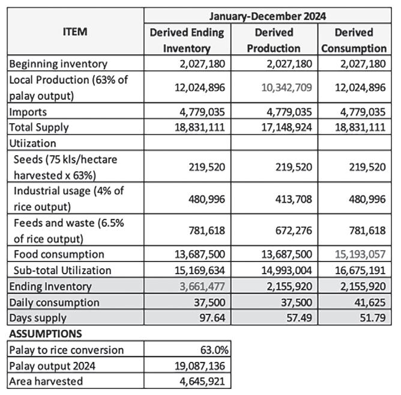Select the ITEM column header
[75, 31]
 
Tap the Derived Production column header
[274, 40]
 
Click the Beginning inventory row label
[58, 64]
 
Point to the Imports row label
[27, 111]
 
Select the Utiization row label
[32, 143]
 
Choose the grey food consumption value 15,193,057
[361, 254]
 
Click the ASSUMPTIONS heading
[46, 333]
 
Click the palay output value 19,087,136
[199, 365]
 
